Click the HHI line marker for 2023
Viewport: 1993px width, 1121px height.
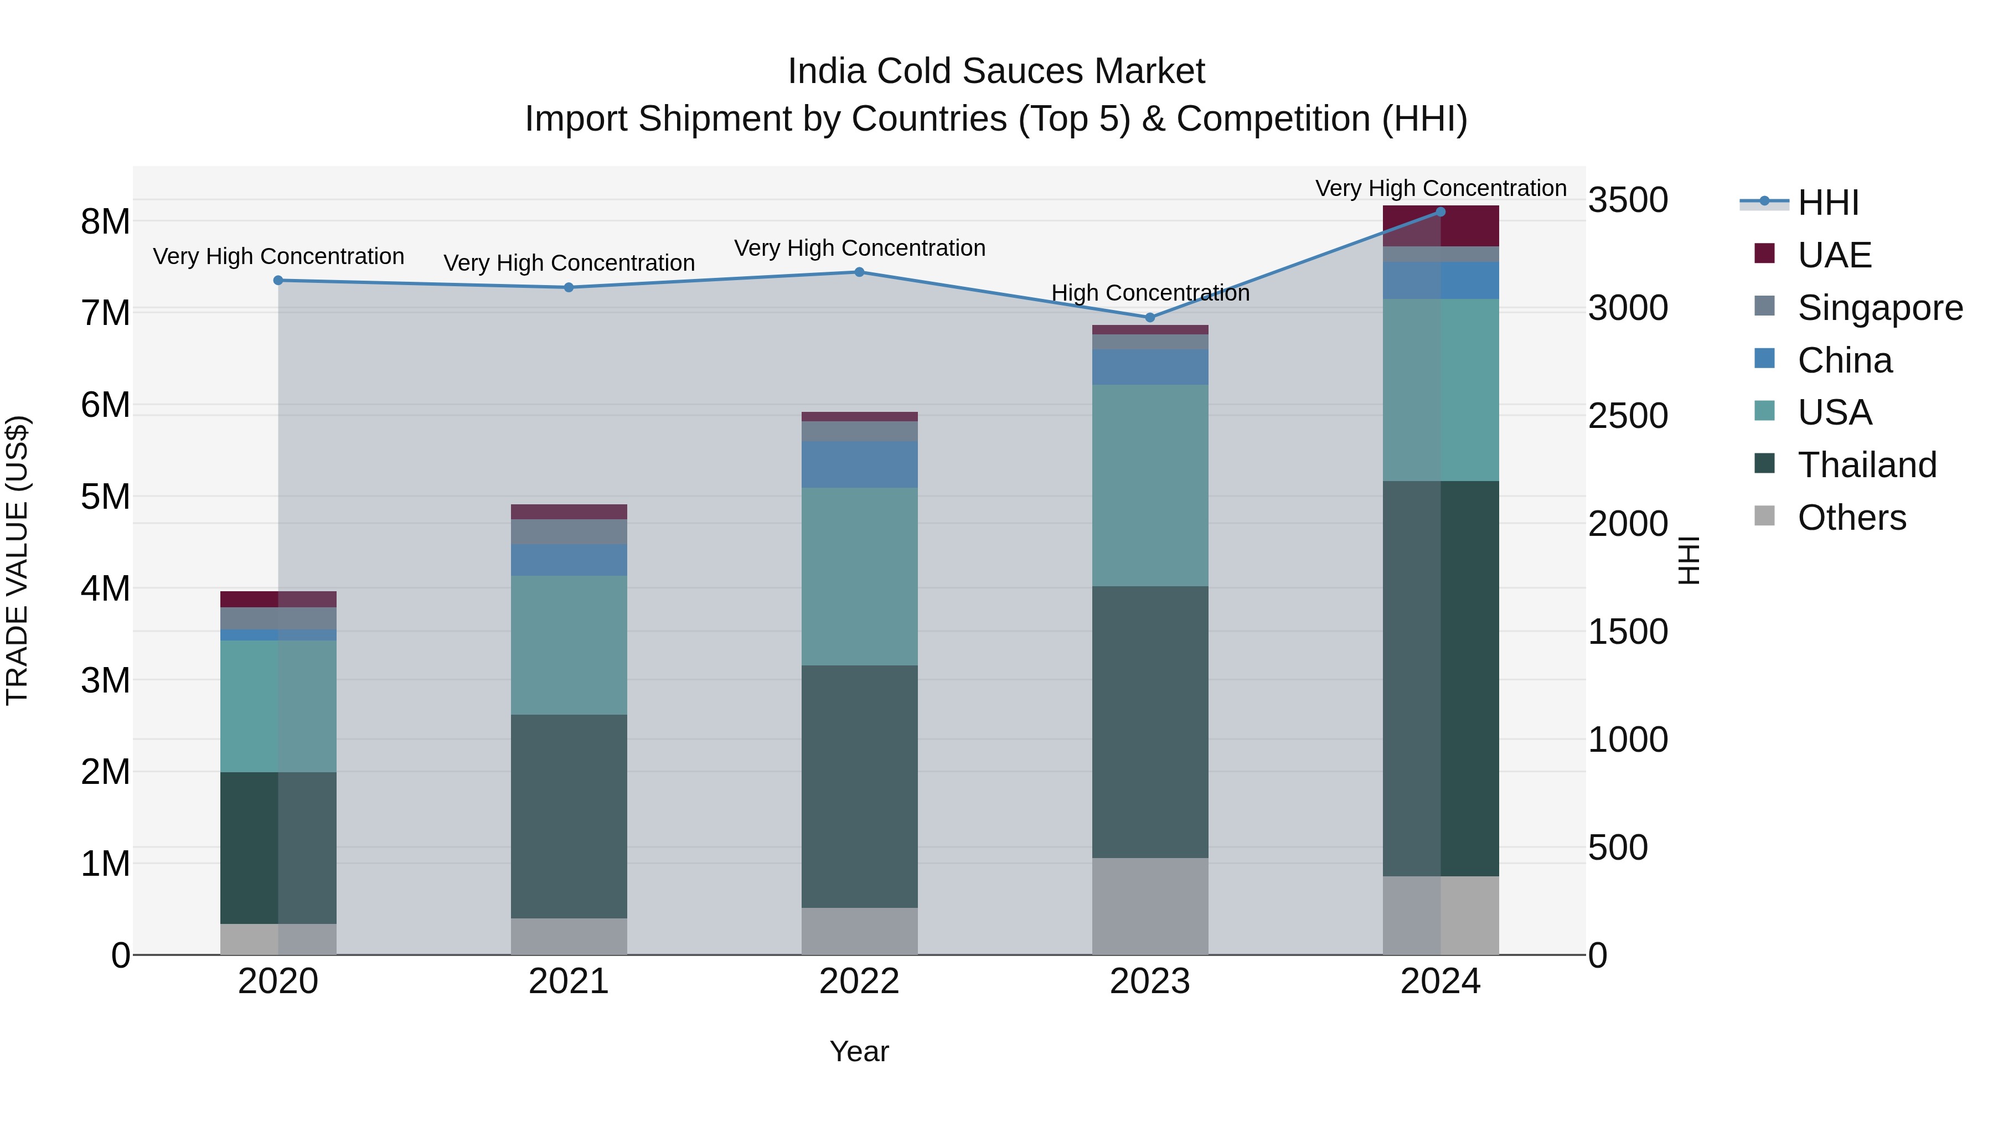1150,317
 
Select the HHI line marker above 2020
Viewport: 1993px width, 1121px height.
278,280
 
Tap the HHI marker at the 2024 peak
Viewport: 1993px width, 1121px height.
1440,212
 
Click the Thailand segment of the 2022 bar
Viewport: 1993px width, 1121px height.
860,786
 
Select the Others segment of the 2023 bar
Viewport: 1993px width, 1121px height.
1150,905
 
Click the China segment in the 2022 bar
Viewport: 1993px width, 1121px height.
860,464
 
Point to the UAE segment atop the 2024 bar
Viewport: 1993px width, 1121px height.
1440,226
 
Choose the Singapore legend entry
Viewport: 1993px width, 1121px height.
1880,308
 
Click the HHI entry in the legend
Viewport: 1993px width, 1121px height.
1827,203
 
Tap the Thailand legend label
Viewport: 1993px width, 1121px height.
1867,465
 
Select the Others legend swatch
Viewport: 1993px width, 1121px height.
1765,515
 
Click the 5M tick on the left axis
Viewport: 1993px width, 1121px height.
106,497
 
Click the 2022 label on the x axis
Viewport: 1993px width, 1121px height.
860,981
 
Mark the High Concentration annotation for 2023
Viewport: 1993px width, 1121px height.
1150,293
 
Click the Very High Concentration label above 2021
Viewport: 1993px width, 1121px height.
569,263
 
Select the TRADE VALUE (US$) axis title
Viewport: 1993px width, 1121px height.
17,560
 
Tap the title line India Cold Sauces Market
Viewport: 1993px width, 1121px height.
996,71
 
